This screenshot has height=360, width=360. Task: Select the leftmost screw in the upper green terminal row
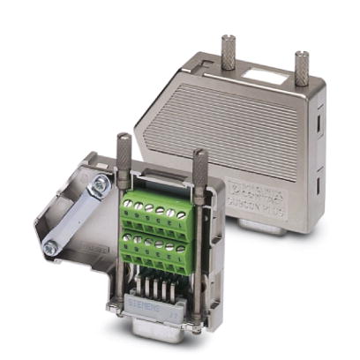[130, 204]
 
